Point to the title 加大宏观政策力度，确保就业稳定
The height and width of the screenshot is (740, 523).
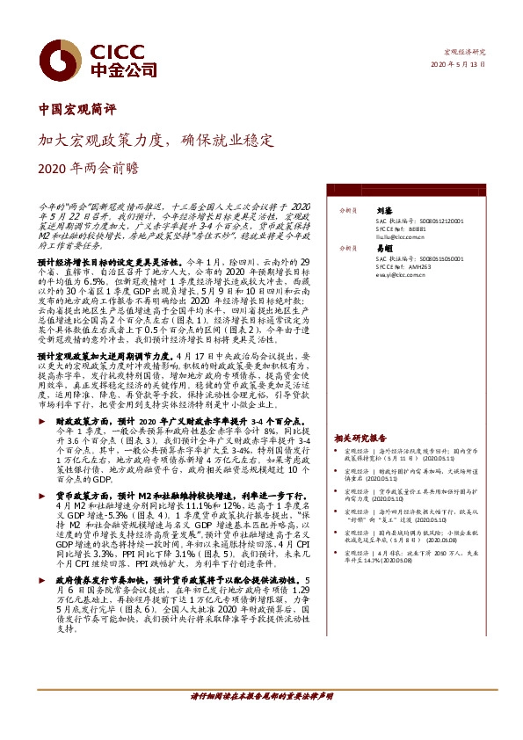156,139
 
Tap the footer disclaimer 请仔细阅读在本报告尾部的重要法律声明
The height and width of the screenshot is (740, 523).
261,720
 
